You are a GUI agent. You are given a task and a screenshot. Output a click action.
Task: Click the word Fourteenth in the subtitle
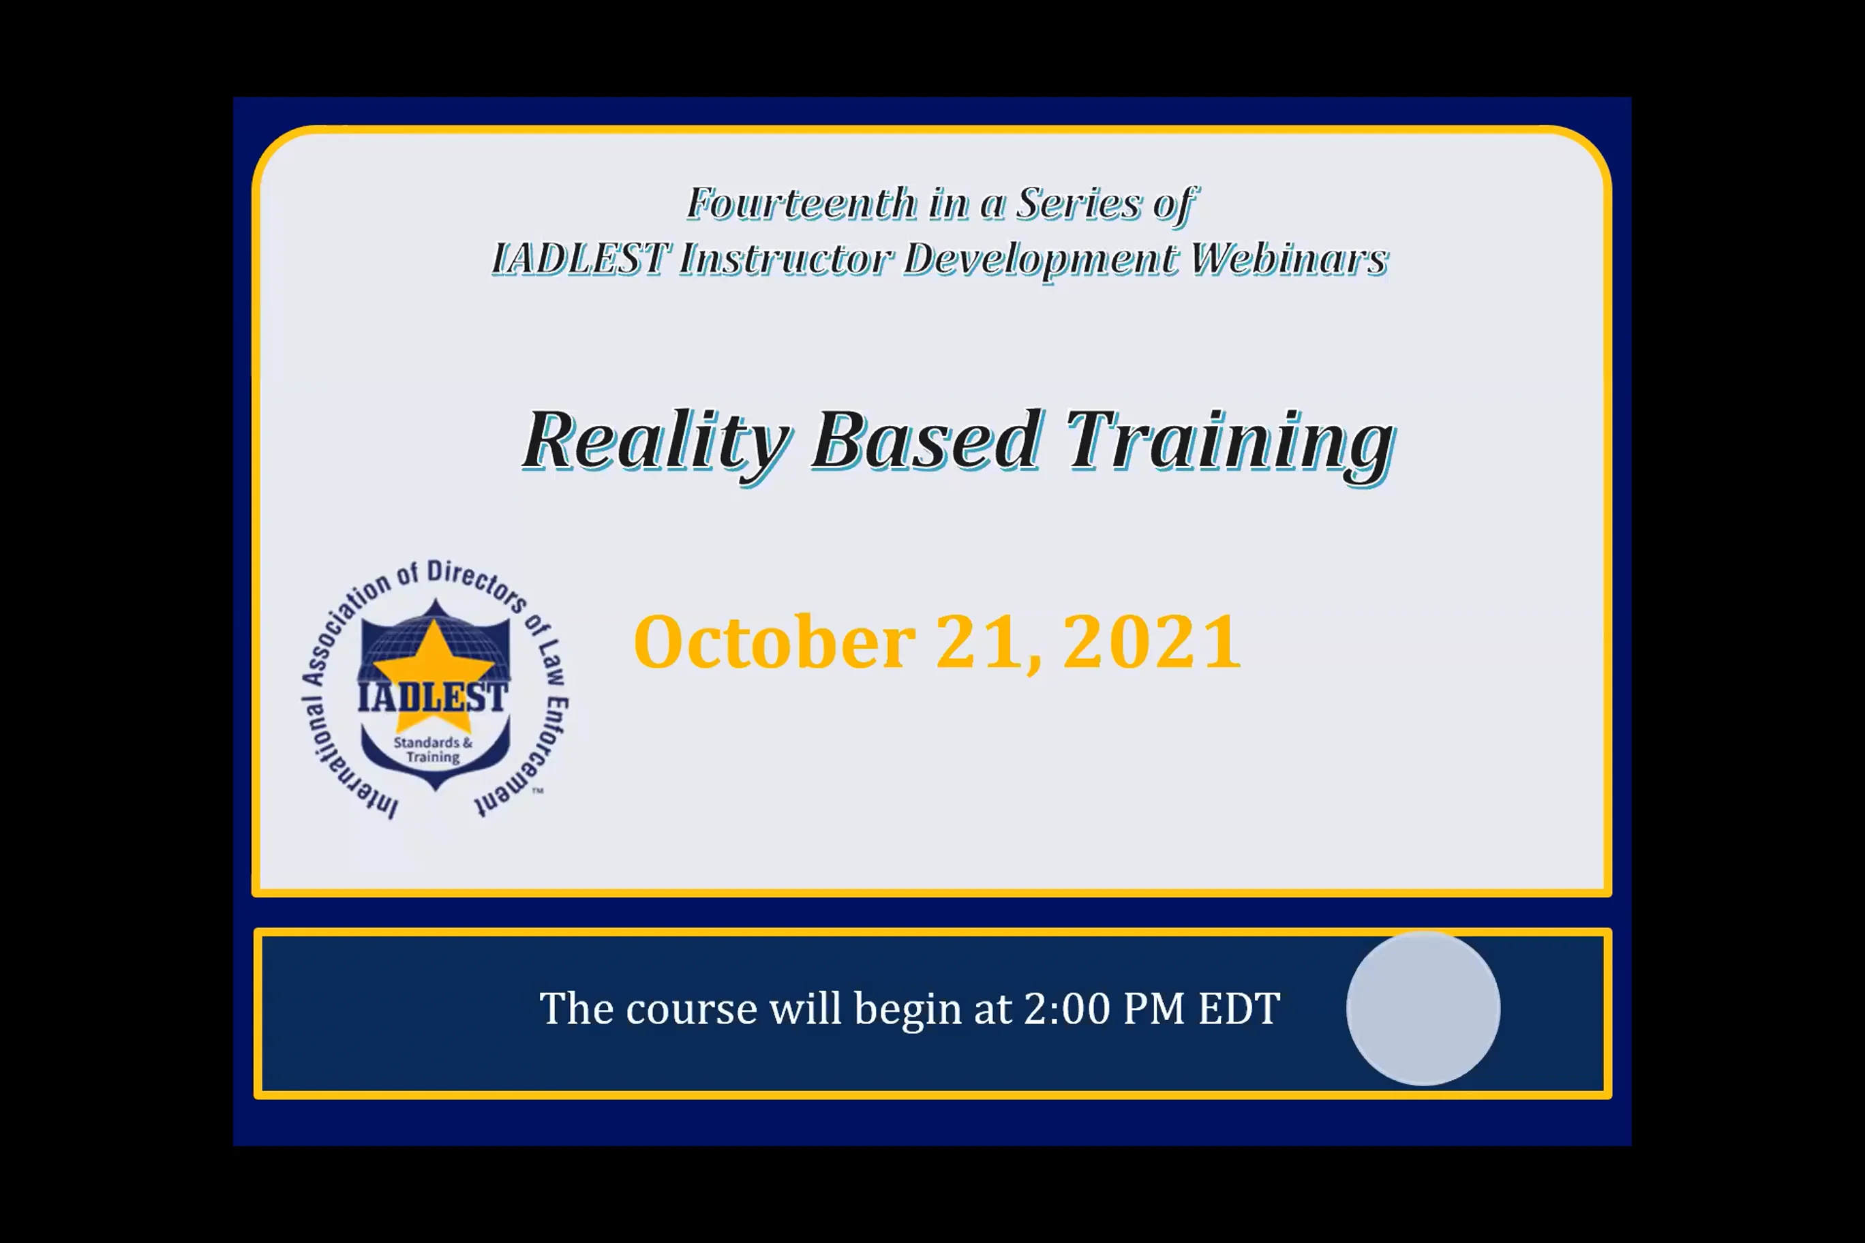point(801,204)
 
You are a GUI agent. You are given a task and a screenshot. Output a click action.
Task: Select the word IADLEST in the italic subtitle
point(579,259)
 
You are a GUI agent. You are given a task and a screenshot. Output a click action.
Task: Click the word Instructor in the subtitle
point(785,259)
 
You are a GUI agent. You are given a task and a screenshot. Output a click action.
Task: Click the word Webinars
point(1289,259)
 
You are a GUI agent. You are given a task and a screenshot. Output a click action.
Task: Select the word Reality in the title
point(656,441)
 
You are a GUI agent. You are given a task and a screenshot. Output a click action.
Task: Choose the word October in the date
point(774,642)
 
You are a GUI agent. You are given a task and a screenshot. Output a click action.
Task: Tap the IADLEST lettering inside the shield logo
point(432,698)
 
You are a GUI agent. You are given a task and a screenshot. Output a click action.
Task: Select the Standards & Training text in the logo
point(433,749)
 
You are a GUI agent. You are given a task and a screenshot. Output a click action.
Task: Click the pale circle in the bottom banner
point(1423,1009)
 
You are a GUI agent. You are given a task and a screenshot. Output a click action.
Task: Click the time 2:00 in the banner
point(1067,1009)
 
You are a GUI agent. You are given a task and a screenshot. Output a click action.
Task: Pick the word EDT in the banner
point(1239,1009)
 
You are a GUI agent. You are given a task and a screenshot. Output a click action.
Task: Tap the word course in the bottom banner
point(691,1009)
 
